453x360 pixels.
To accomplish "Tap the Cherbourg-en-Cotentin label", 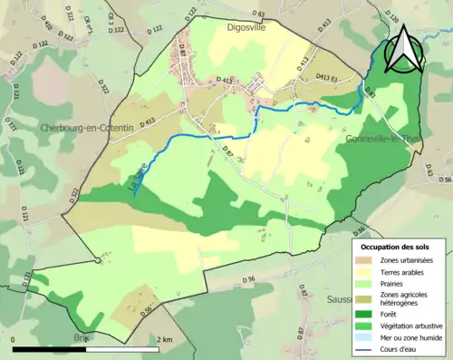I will point(87,129).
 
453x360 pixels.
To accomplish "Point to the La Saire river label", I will point(140,180).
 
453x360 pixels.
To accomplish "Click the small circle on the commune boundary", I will point(96,262).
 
